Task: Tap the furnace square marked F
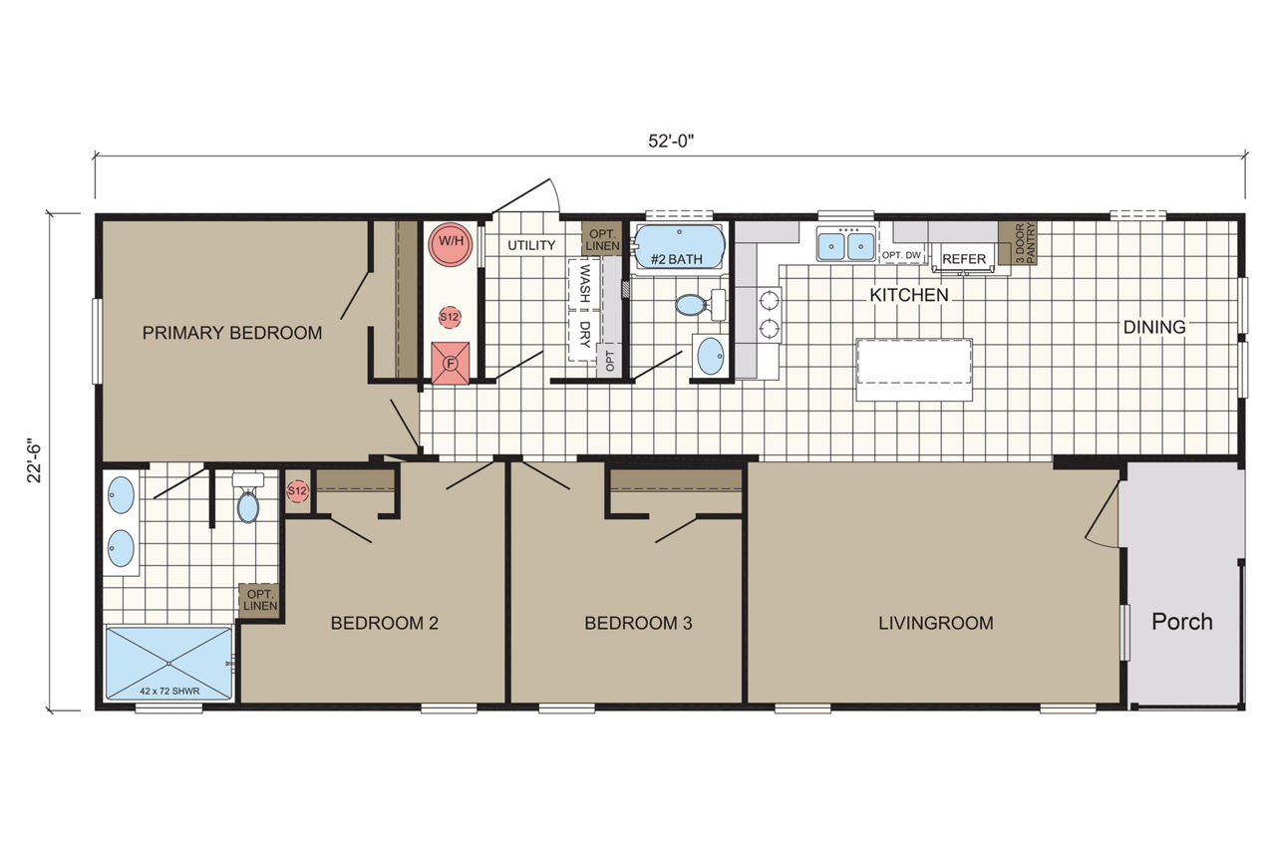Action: tap(450, 363)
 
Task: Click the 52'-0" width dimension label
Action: tap(671, 141)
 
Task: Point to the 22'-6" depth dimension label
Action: tap(35, 460)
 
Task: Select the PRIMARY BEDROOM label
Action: tap(232, 333)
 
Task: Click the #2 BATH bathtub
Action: tap(680, 247)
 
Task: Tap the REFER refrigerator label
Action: tap(964, 259)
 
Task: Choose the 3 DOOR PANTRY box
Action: tap(1018, 243)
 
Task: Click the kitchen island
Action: tap(914, 370)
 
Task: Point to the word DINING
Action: tap(1154, 327)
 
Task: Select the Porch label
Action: tap(1182, 622)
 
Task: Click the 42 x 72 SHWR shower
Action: tap(169, 664)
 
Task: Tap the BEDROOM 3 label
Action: tap(638, 623)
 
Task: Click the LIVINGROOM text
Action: tap(936, 623)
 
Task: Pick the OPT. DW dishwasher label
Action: tap(901, 256)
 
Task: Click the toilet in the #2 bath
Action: tap(701, 304)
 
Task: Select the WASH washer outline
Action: tap(584, 284)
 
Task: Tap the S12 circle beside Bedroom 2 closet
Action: tap(297, 490)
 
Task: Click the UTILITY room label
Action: tap(531, 245)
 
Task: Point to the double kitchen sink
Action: tap(846, 244)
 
